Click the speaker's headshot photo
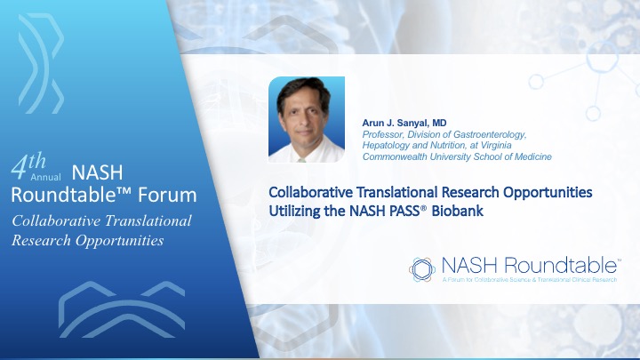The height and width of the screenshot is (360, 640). pos(307,119)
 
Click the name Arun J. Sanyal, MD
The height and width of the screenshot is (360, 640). pos(404,123)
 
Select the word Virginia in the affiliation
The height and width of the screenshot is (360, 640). pos(496,145)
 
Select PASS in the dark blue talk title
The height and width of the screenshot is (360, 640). pos(404,211)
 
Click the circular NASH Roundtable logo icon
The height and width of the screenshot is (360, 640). pos(422,269)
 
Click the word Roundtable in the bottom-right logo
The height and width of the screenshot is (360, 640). pos(561,266)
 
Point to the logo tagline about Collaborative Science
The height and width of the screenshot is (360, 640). pos(530,280)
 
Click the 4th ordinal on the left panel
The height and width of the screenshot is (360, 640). pos(28,165)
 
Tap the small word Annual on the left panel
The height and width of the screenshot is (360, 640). pos(45,177)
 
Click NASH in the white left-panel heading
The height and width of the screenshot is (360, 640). pos(97,172)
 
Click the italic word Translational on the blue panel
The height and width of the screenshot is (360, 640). pos(148,220)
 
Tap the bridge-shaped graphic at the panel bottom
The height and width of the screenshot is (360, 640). pos(122,309)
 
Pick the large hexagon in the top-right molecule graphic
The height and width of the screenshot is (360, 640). pos(603,57)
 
